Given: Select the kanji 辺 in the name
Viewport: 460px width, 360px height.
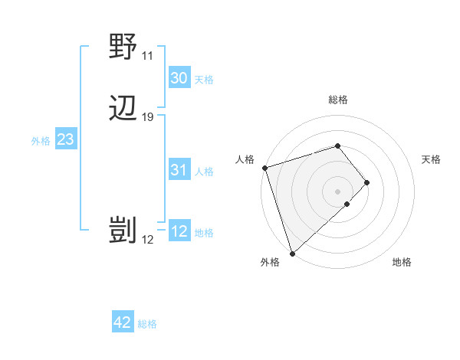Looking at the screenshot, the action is (123, 109).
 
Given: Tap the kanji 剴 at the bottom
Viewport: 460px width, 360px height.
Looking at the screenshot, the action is (123, 231).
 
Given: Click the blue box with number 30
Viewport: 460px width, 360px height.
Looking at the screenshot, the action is (179, 78).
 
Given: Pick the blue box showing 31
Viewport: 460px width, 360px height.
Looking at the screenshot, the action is (179, 170).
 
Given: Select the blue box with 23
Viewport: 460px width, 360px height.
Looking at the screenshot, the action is (65, 139).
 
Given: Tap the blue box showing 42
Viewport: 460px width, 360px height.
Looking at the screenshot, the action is (123, 322).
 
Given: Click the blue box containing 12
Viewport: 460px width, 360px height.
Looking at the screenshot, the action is (179, 231).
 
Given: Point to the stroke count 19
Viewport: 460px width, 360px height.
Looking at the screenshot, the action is (148, 117).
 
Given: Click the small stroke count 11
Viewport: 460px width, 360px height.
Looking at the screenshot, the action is (147, 56).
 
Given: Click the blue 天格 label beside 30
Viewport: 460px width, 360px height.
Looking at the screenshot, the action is (204, 80).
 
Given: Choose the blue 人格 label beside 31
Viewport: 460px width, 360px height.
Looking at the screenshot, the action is (205, 172).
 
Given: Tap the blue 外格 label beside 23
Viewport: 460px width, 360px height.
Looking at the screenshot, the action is (41, 141).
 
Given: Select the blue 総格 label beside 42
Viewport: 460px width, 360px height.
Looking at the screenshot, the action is (147, 324).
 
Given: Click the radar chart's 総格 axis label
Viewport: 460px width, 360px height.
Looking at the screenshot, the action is (338, 100).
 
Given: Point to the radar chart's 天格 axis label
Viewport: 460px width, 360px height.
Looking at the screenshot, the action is (431, 159).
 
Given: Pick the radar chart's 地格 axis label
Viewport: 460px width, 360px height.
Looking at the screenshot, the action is (402, 263).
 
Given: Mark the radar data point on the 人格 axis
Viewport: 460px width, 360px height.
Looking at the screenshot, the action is (264, 168).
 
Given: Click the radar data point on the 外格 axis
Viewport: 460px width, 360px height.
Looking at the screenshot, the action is (292, 252).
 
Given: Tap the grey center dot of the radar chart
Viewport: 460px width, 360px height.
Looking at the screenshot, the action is (338, 190).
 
